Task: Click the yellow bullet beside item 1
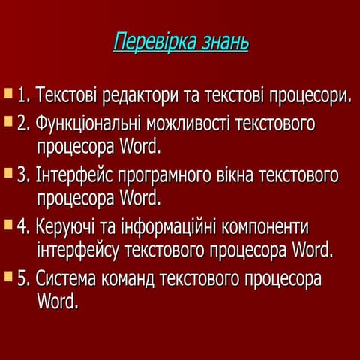pos(8,94)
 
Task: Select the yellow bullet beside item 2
pos(8,120)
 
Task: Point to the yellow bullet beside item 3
pos(8,173)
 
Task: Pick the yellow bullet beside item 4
pos(8,224)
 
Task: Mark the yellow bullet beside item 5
pos(8,277)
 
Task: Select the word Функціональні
pos(89,123)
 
